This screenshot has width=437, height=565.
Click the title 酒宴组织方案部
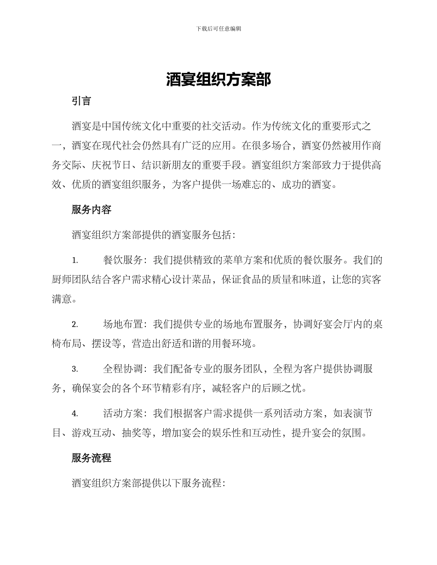(x=218, y=80)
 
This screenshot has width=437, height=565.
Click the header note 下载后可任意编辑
(x=218, y=28)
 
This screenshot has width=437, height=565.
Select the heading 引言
(x=81, y=102)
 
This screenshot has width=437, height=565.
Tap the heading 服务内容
(x=92, y=210)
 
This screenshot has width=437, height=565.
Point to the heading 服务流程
(x=92, y=458)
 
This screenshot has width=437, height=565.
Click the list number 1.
(x=75, y=260)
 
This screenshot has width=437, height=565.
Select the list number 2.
(x=75, y=324)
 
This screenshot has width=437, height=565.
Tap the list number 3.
(x=75, y=369)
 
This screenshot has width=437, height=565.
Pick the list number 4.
(x=75, y=413)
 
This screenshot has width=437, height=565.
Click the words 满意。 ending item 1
(x=64, y=299)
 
